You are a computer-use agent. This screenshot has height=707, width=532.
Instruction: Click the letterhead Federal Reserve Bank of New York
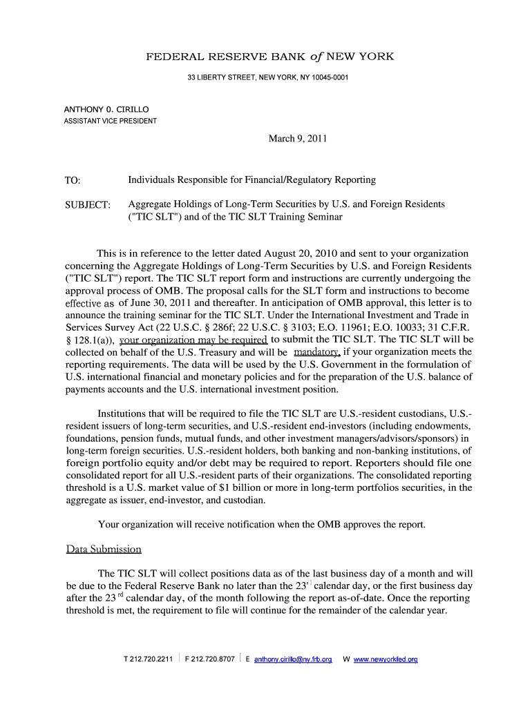pos(269,57)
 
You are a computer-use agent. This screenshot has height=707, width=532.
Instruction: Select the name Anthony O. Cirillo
pos(106,109)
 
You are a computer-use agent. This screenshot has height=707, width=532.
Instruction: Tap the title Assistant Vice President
pos(111,121)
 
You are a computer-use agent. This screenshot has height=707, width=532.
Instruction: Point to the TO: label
pos(73,181)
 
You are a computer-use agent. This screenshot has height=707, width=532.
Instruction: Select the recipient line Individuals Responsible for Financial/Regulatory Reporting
pos(251,180)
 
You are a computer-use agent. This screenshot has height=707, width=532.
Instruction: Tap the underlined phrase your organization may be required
pos(193,340)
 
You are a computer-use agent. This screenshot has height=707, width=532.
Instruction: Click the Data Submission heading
pos(104,550)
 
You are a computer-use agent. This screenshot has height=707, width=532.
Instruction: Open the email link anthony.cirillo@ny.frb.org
pos(293,659)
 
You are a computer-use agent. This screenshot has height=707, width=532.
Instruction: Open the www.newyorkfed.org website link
pos(386,659)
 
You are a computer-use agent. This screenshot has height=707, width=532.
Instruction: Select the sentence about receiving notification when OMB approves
pos(261,524)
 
